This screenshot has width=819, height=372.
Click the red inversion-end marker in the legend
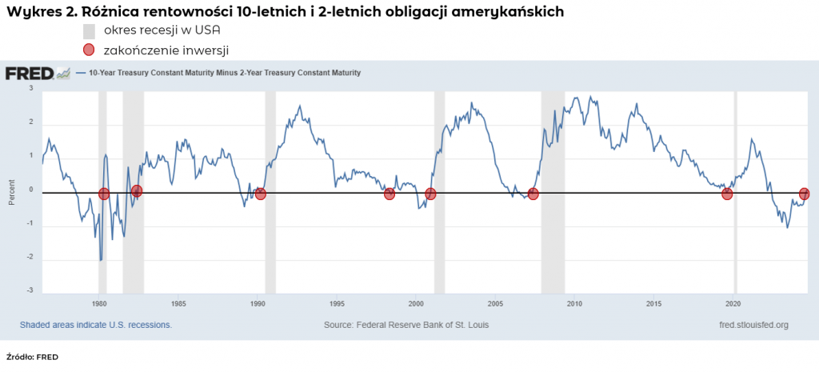pos(89,50)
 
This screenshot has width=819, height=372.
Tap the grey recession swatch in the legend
pos(89,31)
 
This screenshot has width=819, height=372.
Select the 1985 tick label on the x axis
pos(178,304)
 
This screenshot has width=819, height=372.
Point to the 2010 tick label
pos(574,304)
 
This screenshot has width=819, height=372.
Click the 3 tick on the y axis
pos(31,88)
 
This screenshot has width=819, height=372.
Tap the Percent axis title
pos(11,190)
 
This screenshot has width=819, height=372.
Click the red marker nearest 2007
pos(533,194)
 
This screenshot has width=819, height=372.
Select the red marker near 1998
pos(390,194)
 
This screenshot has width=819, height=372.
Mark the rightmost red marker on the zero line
pos(805,194)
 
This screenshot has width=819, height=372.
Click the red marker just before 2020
pos(727,194)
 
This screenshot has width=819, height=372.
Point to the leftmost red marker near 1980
pos(104,194)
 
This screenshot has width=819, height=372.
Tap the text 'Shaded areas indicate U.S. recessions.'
pos(95,325)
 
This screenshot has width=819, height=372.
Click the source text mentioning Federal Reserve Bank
pos(406,325)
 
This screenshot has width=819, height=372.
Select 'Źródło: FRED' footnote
pos(32,357)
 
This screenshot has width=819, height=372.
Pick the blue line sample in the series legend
pos(82,73)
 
